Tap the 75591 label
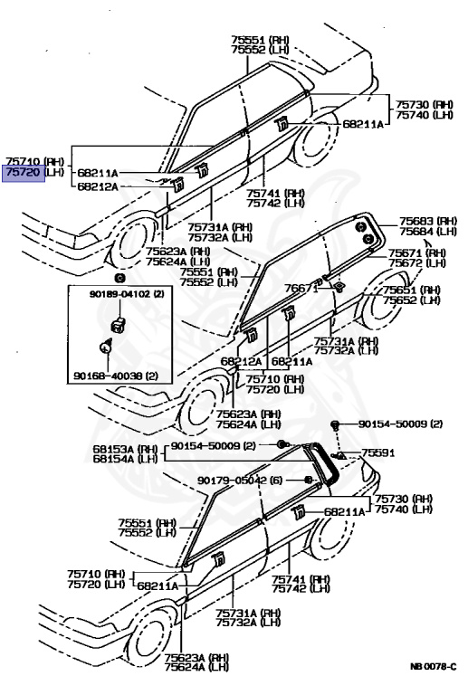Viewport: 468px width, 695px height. pos(379,452)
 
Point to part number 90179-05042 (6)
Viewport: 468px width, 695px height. pos(241,481)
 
